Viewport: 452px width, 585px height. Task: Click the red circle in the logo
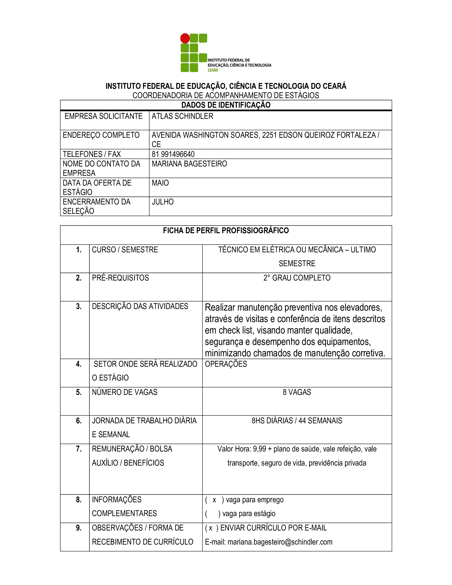coord(185,38)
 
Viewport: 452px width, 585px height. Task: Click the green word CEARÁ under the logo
coord(213,70)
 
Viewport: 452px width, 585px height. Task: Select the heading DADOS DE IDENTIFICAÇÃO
coord(226,105)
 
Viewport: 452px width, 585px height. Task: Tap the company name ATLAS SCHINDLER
coord(182,116)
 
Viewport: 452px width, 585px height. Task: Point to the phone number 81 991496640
coord(173,154)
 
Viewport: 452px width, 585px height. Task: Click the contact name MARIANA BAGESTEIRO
coord(189,164)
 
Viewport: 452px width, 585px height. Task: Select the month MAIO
coord(160,183)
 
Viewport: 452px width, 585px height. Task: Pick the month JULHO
coord(162,202)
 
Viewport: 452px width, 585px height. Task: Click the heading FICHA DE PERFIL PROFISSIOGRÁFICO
coord(226,231)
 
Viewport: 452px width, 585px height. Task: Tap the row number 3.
coord(78,306)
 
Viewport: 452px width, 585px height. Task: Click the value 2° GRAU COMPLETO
coord(297,278)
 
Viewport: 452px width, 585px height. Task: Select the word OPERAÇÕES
coord(226,364)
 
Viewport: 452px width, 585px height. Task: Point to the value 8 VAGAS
coord(297,392)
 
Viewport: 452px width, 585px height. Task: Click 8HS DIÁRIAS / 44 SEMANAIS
coord(297,421)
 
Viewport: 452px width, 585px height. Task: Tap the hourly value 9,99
coord(260,449)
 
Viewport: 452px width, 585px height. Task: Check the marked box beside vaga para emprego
coord(214,500)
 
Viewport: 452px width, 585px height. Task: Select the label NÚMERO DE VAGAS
coord(124,392)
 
